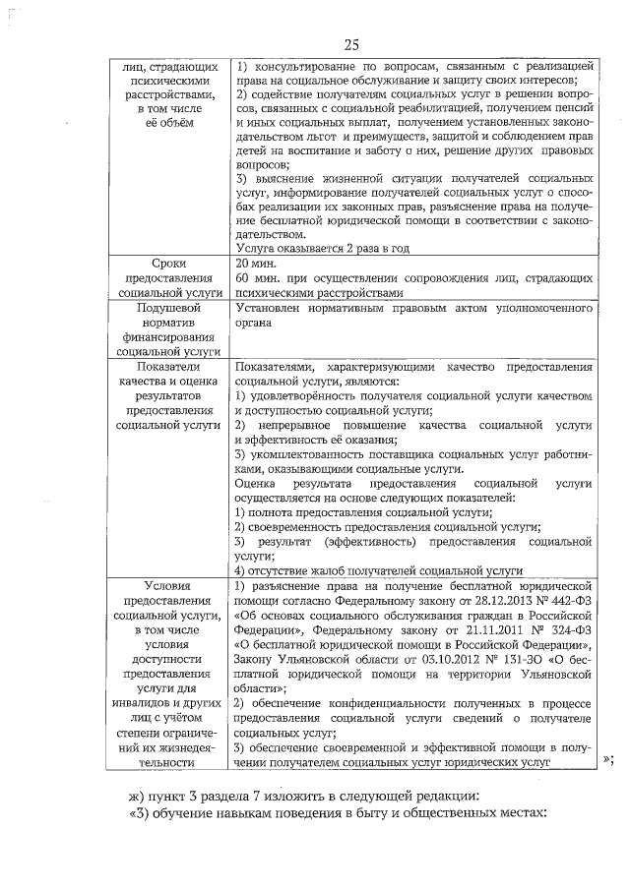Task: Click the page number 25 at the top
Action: pyautogui.click(x=353, y=44)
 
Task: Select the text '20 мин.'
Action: pyautogui.click(x=258, y=264)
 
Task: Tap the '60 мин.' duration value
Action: pyautogui.click(x=259, y=278)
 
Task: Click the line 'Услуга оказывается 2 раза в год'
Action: pyautogui.click(x=323, y=248)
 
